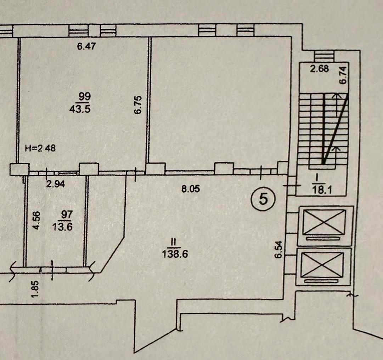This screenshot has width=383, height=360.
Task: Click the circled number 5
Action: [263, 199]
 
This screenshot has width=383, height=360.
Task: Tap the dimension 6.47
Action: [86, 46]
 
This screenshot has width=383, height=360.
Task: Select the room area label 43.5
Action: [80, 109]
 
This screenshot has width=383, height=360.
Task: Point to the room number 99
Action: [84, 96]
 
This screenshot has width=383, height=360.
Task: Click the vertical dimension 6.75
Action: [137, 105]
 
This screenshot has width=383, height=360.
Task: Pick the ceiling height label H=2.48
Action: [40, 148]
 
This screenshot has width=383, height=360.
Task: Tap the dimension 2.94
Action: [56, 184]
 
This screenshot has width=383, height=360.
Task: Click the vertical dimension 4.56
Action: [36, 221]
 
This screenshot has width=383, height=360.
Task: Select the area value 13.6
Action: [62, 227]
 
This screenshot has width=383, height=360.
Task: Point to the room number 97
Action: [67, 215]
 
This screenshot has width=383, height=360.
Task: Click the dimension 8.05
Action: [191, 189]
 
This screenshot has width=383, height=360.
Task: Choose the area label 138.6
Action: [175, 254]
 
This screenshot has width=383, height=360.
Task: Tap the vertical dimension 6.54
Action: [278, 249]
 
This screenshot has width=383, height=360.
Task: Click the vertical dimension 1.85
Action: [35, 289]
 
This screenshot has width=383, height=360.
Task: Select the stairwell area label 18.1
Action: [322, 190]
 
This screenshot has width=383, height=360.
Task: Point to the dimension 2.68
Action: [319, 69]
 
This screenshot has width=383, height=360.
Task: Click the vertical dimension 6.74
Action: [343, 75]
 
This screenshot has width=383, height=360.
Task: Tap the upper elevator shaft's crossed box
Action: [325, 222]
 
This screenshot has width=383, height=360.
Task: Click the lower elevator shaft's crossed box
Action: [323, 265]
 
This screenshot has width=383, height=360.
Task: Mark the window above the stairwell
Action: [323, 56]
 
